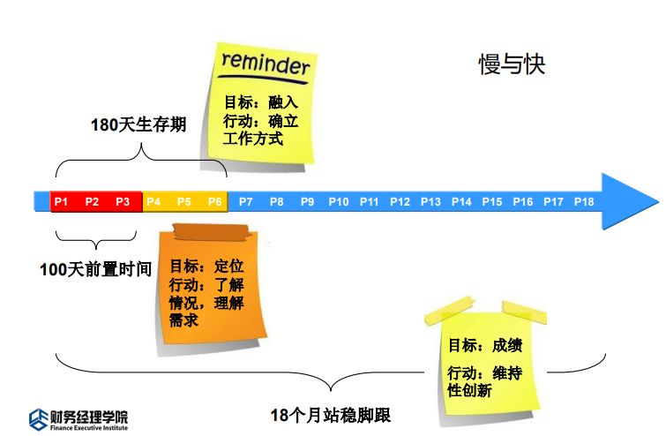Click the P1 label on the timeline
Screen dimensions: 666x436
[61, 202]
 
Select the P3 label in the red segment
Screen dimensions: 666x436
[123, 202]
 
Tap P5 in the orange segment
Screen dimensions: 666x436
[183, 202]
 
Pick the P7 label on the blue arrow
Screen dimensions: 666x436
[246, 202]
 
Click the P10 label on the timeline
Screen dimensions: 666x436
[339, 202]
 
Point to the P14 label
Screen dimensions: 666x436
[461, 202]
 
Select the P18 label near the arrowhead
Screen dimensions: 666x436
[584, 202]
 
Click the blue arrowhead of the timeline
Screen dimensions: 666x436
[630, 201]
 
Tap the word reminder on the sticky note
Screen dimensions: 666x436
[266, 64]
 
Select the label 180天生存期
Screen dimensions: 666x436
[138, 124]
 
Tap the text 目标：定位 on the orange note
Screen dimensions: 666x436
[206, 266]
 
